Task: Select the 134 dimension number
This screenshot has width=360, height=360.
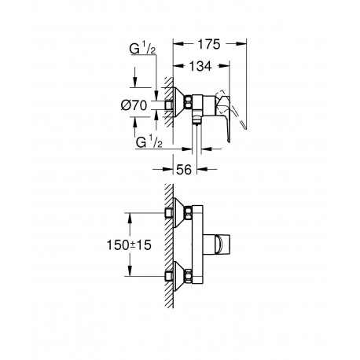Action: click(200, 66)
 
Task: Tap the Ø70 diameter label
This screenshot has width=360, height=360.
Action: click(134, 105)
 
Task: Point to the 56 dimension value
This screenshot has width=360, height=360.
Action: click(184, 170)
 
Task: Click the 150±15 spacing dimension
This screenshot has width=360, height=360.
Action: click(129, 245)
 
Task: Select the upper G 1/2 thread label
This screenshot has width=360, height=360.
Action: click(142, 50)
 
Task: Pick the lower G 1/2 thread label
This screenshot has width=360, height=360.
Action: click(149, 143)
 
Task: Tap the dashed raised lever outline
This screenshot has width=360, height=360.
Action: click(233, 110)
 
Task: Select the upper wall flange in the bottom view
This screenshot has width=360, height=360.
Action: click(179, 212)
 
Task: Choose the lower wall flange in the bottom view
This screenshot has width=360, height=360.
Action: click(179, 276)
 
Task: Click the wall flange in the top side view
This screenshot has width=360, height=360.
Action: click(179, 102)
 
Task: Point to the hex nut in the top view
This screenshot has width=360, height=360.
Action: click(188, 102)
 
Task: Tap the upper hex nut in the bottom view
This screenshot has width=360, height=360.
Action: click(188, 212)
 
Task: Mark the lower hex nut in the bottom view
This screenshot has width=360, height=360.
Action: click(188, 276)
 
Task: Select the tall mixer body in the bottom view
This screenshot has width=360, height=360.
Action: click(197, 244)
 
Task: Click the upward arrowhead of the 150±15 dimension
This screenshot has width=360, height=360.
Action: click(129, 218)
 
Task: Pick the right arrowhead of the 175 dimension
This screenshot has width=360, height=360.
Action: click(241, 44)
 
